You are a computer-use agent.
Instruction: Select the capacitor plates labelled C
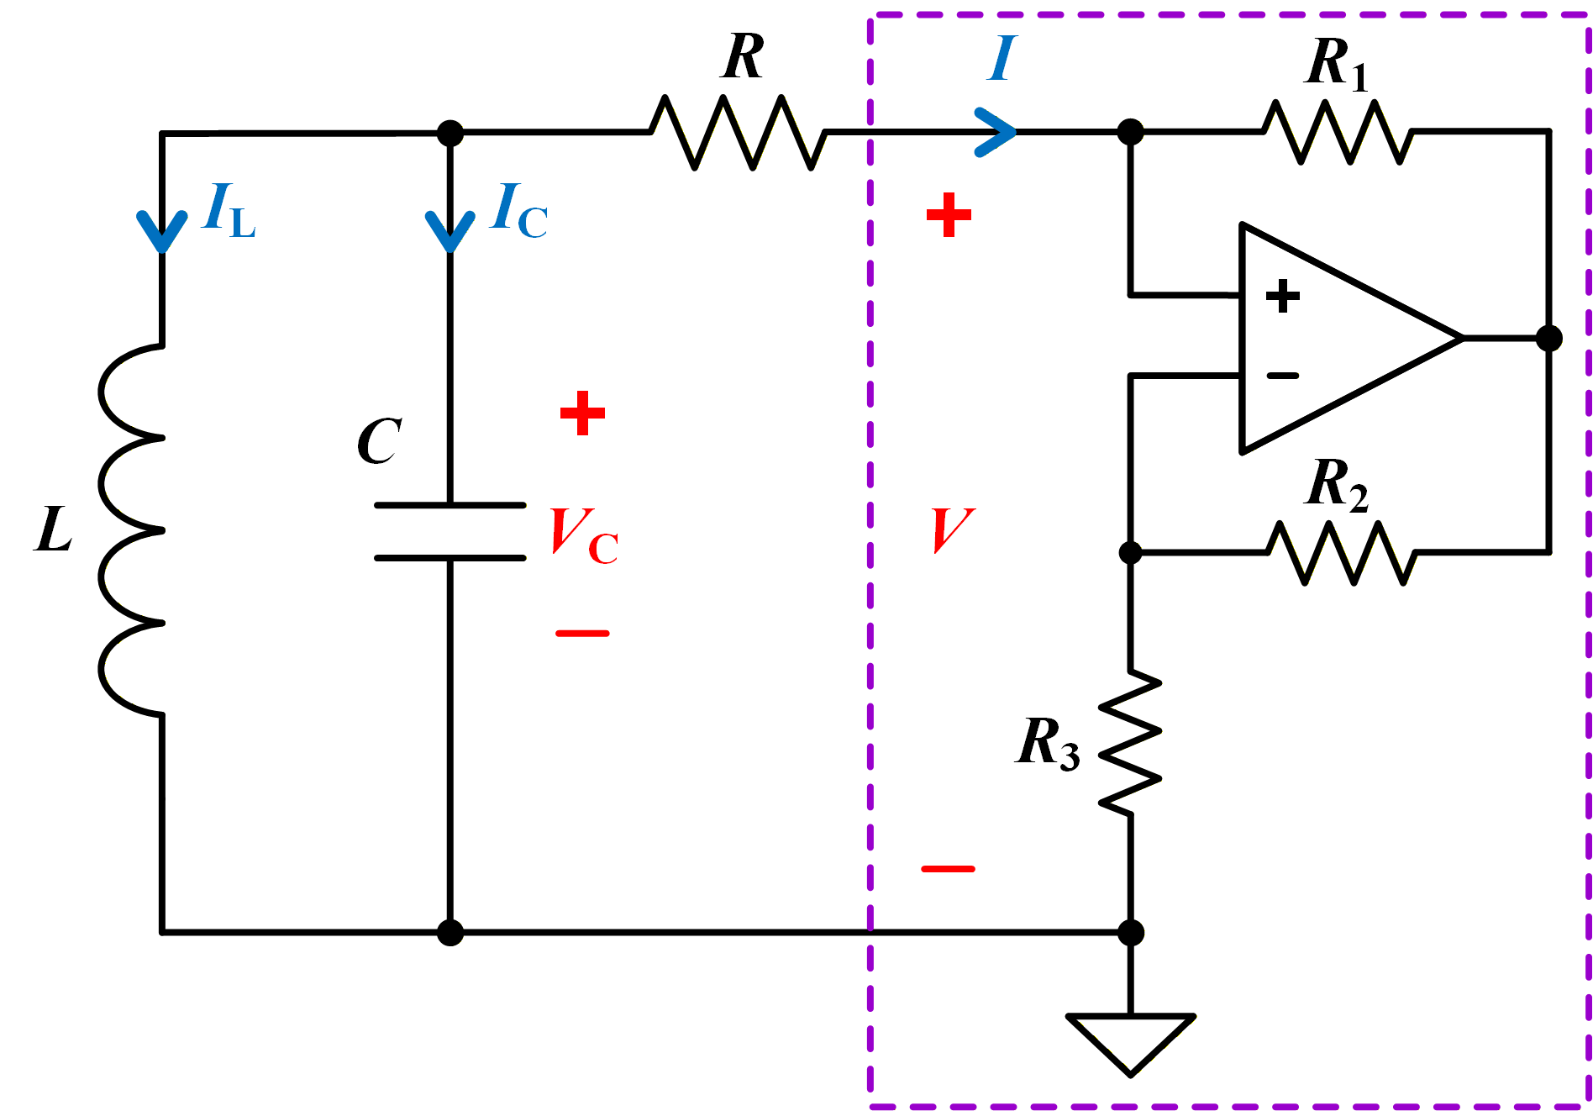click(x=450, y=531)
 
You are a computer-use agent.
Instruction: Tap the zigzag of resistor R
click(x=739, y=132)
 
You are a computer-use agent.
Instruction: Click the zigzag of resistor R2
click(x=1342, y=553)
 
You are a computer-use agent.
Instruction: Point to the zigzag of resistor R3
click(x=1131, y=742)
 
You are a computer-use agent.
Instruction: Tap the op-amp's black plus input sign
click(x=1282, y=296)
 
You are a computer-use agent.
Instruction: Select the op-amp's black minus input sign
click(x=1282, y=376)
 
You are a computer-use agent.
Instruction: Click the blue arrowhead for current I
click(x=996, y=132)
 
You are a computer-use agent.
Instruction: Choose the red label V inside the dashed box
click(x=954, y=530)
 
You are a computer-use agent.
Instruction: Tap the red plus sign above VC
click(x=582, y=413)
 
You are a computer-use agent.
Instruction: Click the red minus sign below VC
click(x=582, y=633)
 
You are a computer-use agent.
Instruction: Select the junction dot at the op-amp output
click(x=1549, y=338)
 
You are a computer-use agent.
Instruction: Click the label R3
click(x=1048, y=743)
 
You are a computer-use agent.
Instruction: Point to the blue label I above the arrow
click(x=1002, y=58)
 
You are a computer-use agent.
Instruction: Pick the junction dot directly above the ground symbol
click(x=1131, y=932)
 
